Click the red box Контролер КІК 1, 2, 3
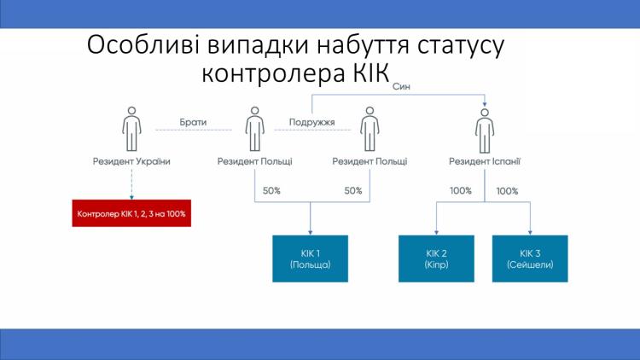coord(131,212)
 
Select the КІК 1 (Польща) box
coord(310,258)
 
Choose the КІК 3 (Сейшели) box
coord(529,258)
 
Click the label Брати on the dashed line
coord(193,122)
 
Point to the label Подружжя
coord(311,122)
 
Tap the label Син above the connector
coord(402,87)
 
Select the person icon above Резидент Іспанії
coord(485,130)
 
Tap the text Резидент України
coord(131,161)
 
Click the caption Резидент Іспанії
coord(485,161)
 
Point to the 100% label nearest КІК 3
coord(507,191)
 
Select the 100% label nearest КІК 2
coord(461,191)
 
